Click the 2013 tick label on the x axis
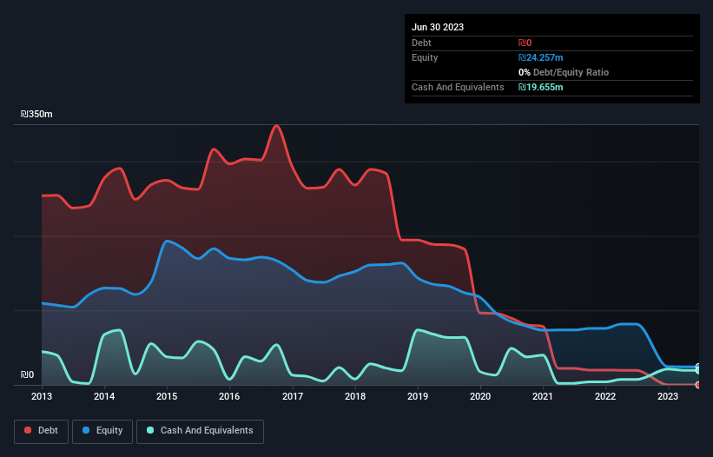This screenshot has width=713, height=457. point(42,397)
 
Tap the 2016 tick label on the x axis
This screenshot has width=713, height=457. point(229,397)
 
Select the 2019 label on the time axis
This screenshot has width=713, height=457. point(418,397)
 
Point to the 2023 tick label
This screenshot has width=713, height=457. point(668,397)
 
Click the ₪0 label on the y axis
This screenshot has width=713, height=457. point(28,375)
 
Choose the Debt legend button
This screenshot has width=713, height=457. point(41,431)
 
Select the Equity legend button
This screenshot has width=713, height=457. point(102,431)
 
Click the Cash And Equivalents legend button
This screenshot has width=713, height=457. point(200,431)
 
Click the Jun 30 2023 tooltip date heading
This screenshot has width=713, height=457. point(438,27)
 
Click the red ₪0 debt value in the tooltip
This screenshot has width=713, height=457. point(525,43)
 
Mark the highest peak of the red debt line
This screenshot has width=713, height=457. point(277,126)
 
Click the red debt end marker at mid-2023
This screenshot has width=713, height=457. point(698,384)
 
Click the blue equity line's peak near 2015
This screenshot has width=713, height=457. point(167,241)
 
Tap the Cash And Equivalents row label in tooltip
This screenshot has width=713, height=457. point(458,87)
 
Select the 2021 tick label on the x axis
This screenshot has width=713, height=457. point(543,397)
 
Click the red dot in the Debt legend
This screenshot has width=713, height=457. point(28,431)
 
